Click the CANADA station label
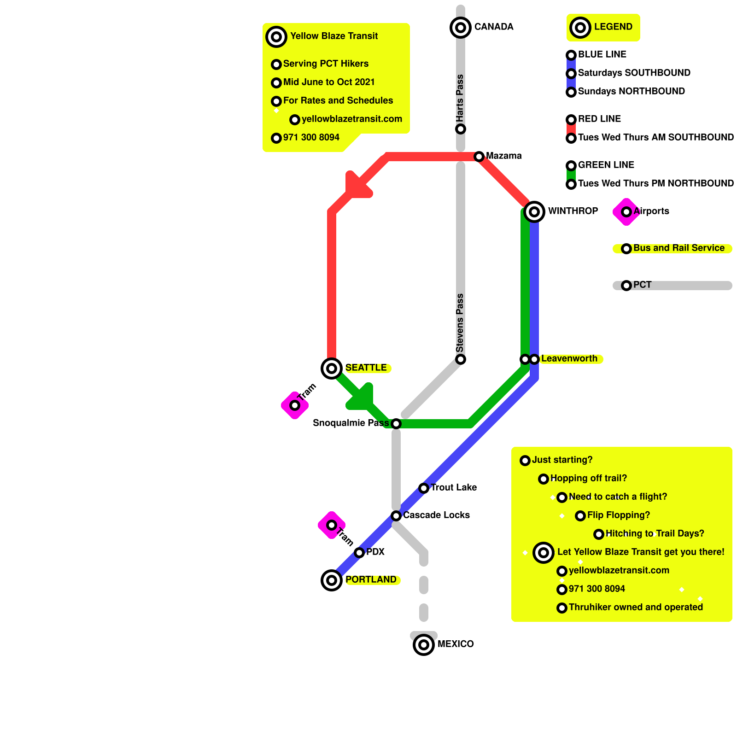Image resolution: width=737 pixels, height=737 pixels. (x=493, y=27)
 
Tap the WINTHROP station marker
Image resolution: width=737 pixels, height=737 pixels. (x=534, y=212)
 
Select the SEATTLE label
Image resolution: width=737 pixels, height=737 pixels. (x=366, y=368)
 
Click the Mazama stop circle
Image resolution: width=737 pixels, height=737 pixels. (x=479, y=157)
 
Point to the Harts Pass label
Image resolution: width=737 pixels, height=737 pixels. (x=460, y=98)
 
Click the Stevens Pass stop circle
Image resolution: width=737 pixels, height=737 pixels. (x=461, y=359)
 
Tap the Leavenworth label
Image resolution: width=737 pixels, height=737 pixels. (x=569, y=358)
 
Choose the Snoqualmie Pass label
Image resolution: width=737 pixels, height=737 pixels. (x=351, y=423)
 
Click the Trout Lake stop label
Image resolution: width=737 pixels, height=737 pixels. (x=453, y=487)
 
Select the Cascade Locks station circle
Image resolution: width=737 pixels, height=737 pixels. (x=396, y=516)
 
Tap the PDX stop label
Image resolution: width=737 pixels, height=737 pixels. (x=375, y=552)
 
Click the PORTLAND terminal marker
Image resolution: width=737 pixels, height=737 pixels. (x=332, y=580)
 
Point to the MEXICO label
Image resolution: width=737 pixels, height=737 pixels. (x=455, y=644)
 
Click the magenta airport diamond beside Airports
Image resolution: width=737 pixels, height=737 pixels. (x=626, y=212)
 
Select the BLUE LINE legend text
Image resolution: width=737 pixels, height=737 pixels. (x=602, y=54)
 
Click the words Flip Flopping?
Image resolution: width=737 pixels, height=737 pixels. (x=618, y=515)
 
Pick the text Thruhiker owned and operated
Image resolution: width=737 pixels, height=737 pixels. (x=636, y=607)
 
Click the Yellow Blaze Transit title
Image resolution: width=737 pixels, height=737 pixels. (x=334, y=36)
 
